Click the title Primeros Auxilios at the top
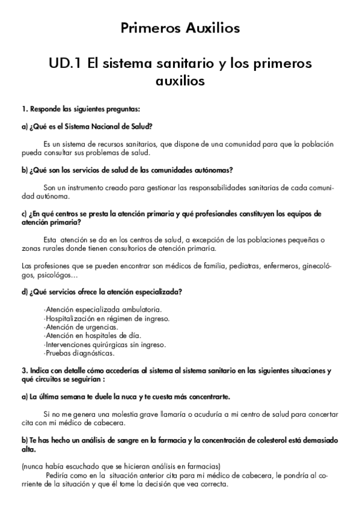tap(180, 28)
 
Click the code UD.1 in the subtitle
tap(68, 63)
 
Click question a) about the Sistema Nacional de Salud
tap(87, 126)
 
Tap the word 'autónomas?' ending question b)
tap(213, 170)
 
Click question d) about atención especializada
tap(102, 292)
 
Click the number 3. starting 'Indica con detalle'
tap(23, 371)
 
